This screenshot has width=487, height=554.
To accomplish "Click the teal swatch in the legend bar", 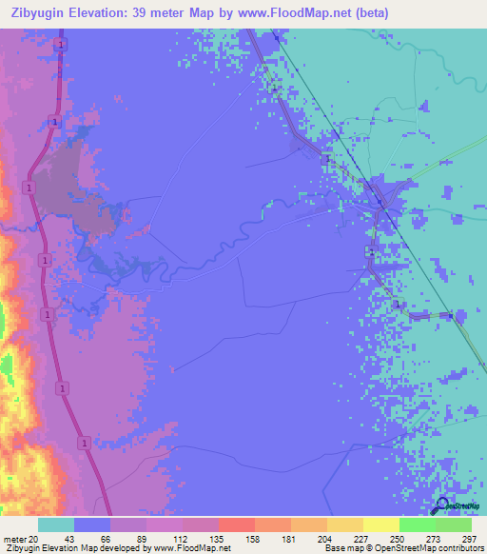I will pos(56,524).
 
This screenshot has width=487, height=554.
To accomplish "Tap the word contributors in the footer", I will pos(458,548).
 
